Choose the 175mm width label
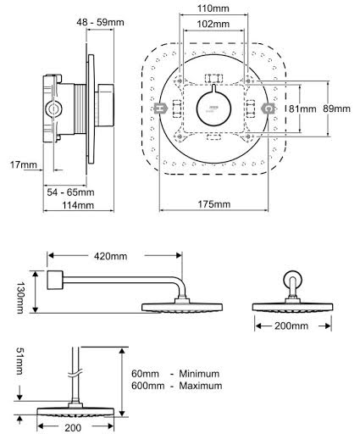click(x=215, y=204)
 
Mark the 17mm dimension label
click(x=18, y=166)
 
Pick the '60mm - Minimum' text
click(x=175, y=372)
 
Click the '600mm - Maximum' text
click(x=175, y=386)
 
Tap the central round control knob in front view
click(x=214, y=108)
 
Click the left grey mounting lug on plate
click(x=161, y=108)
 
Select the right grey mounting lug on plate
click(x=268, y=108)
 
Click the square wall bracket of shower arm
click(x=57, y=281)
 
